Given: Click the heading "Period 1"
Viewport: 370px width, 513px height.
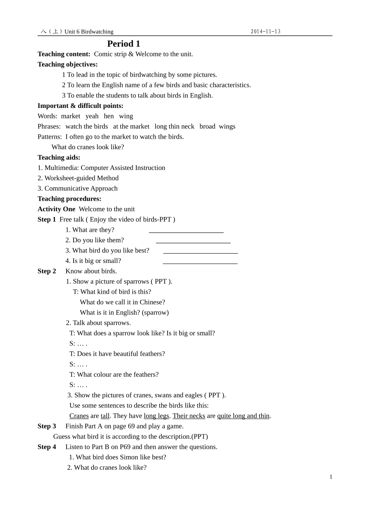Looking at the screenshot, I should click(x=123, y=44).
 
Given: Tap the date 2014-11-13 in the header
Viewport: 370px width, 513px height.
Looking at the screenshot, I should click(x=266, y=32).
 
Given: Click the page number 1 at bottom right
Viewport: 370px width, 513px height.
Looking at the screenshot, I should click(x=331, y=477).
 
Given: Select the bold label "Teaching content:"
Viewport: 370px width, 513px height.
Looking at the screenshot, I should click(x=64, y=54).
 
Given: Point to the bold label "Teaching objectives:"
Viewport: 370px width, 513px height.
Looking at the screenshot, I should click(x=67, y=64).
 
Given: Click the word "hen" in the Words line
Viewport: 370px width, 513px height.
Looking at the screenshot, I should click(x=109, y=116).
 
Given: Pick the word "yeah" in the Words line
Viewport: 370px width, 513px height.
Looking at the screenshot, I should click(x=92, y=116).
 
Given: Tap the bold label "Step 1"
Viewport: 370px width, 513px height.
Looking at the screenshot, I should click(x=47, y=219).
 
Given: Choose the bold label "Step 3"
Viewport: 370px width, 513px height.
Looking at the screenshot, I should click(x=47, y=426).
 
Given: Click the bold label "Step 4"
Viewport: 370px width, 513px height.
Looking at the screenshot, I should click(x=47, y=447).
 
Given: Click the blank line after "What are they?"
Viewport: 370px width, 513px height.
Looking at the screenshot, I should click(x=186, y=232).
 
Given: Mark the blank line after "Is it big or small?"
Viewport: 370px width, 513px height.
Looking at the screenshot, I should click(x=200, y=263).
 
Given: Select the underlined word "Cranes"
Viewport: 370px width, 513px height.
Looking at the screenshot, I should click(x=79, y=416).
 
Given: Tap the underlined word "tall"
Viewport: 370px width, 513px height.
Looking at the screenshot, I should click(x=105, y=416).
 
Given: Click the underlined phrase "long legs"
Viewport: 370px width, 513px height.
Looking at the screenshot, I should click(x=156, y=416).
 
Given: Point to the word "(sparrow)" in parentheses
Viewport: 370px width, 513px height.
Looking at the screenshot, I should click(x=155, y=312).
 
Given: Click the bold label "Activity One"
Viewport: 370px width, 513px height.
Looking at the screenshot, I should click(x=56, y=209).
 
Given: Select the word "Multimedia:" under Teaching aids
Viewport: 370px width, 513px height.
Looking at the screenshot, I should click(x=62, y=168).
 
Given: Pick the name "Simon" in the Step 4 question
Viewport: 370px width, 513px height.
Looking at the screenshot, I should click(x=120, y=457).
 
